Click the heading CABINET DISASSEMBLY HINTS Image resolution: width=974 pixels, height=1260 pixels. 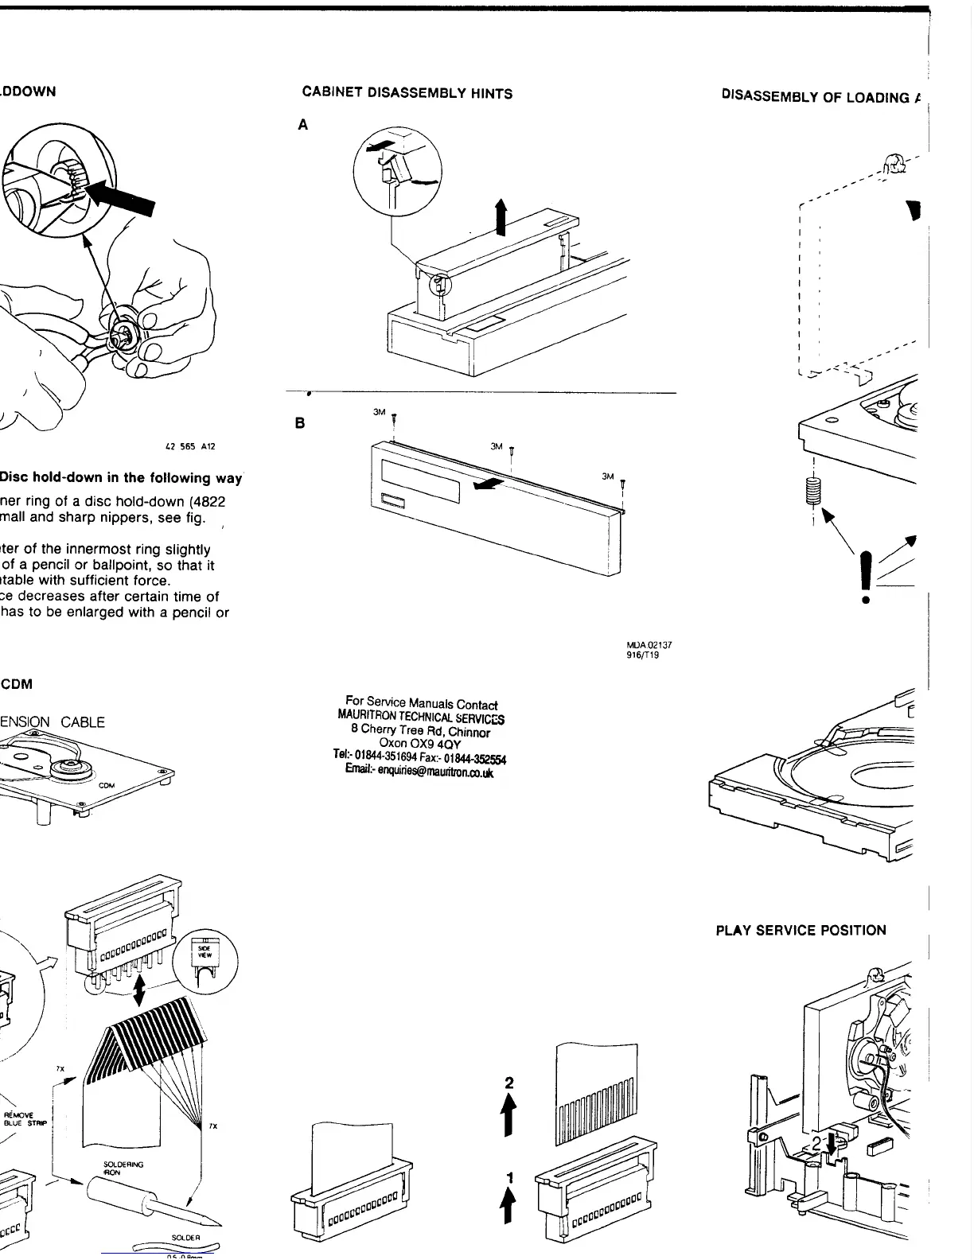407,93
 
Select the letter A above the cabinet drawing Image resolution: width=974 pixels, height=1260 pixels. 303,125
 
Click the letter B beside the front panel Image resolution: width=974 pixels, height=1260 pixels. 300,423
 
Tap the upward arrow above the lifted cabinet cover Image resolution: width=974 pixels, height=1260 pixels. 501,217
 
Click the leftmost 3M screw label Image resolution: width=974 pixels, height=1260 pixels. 380,412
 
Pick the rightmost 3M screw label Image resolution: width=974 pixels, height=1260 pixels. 608,476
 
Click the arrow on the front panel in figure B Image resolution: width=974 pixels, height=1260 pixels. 488,484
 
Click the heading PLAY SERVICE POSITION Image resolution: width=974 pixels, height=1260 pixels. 801,930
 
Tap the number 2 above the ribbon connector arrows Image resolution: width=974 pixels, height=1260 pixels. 510,1083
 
